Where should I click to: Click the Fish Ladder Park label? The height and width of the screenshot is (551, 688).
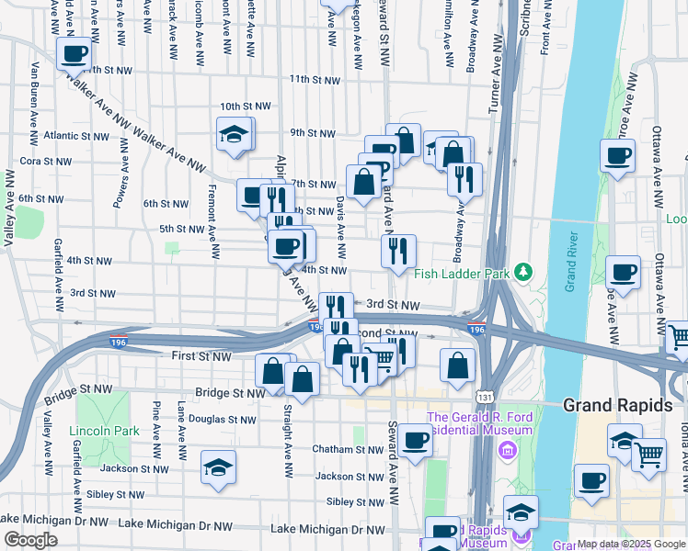(463, 272)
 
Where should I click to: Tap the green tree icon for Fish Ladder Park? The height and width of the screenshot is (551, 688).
(523, 271)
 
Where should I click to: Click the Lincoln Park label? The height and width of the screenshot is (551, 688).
(103, 431)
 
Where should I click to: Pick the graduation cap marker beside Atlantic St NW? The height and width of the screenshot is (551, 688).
(234, 135)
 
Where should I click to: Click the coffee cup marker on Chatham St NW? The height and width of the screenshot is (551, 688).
(415, 441)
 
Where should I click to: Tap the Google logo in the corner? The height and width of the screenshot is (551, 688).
(30, 540)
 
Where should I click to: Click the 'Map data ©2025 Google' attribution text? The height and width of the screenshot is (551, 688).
(631, 544)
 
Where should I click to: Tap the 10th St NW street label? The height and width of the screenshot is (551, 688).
(245, 107)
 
